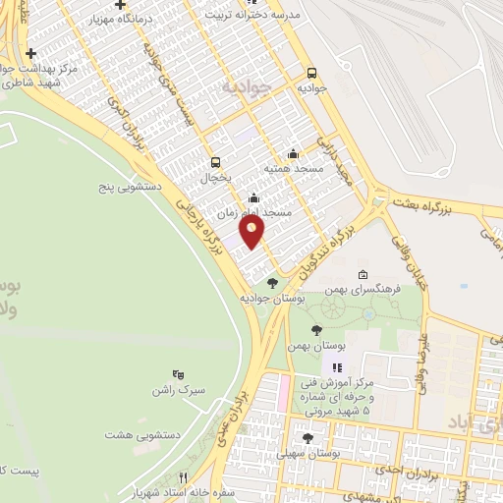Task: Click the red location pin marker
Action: tap(253, 232)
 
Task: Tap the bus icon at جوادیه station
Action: tap(312, 73)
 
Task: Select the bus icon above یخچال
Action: tap(214, 163)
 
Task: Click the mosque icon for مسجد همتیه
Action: tap(293, 154)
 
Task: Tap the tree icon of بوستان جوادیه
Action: tap(272, 283)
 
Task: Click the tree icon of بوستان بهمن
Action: tap(315, 331)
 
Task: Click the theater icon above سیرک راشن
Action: tap(178, 374)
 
